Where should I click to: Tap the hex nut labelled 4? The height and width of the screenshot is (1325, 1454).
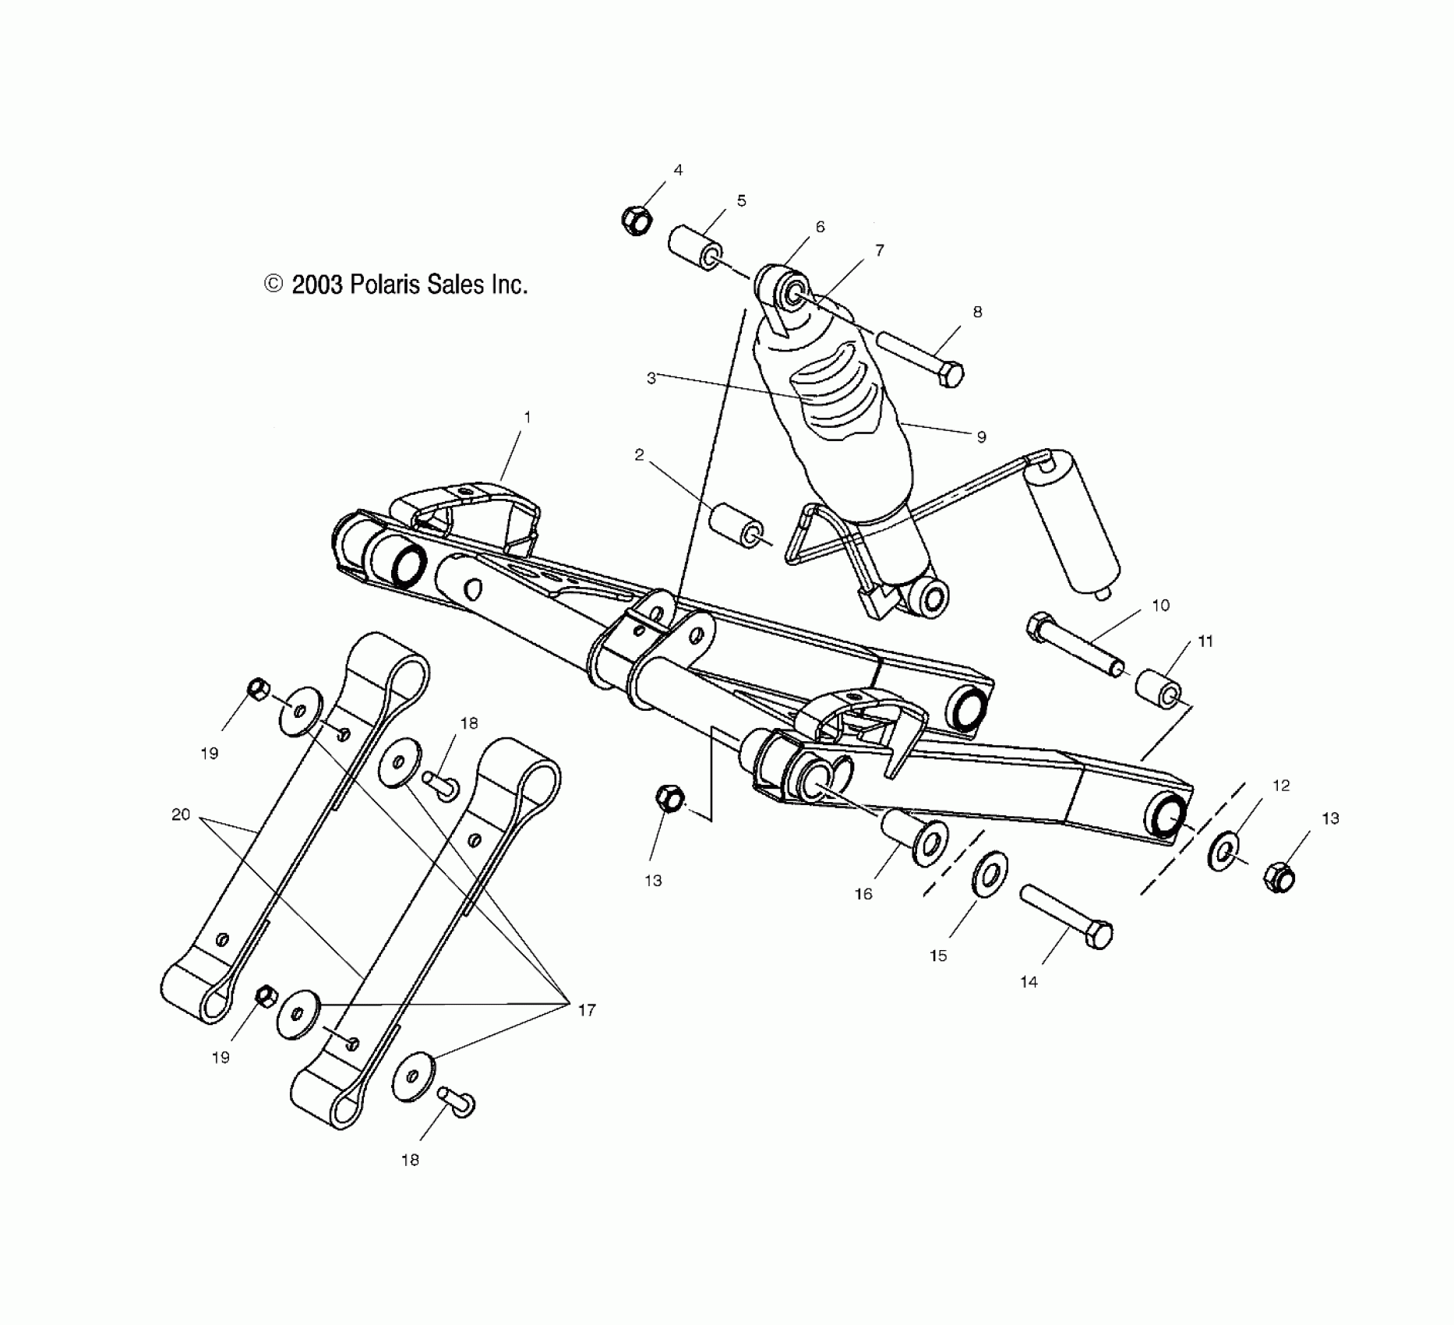tap(637, 221)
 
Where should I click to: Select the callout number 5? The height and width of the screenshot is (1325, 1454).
tap(741, 201)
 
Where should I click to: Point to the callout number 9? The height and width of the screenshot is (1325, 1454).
tap(982, 437)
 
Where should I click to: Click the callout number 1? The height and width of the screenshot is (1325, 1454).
tap(528, 418)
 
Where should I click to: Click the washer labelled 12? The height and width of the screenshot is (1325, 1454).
tap(1224, 852)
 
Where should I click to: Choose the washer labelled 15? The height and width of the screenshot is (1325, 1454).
tap(990, 874)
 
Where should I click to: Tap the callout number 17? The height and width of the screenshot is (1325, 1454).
tap(586, 1010)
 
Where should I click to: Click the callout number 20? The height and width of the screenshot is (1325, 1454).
tap(181, 814)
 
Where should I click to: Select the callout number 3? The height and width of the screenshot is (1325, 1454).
tap(651, 379)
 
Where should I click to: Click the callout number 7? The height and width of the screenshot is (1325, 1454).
tap(880, 251)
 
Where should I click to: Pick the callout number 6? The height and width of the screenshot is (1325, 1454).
tap(820, 227)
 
